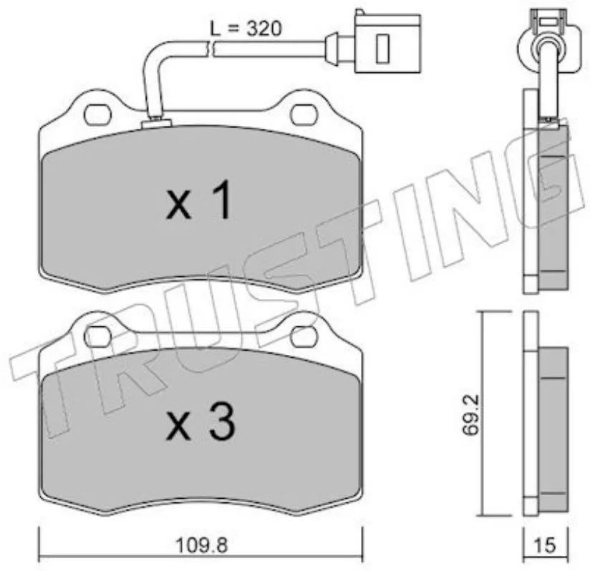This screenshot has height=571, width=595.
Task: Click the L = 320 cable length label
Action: (246, 29)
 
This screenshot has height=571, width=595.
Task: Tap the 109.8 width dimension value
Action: (201, 546)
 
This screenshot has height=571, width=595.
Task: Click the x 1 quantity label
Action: (200, 200)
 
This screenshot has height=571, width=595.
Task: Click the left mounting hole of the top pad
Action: (98, 115)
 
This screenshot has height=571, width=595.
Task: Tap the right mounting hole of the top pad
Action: (304, 115)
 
